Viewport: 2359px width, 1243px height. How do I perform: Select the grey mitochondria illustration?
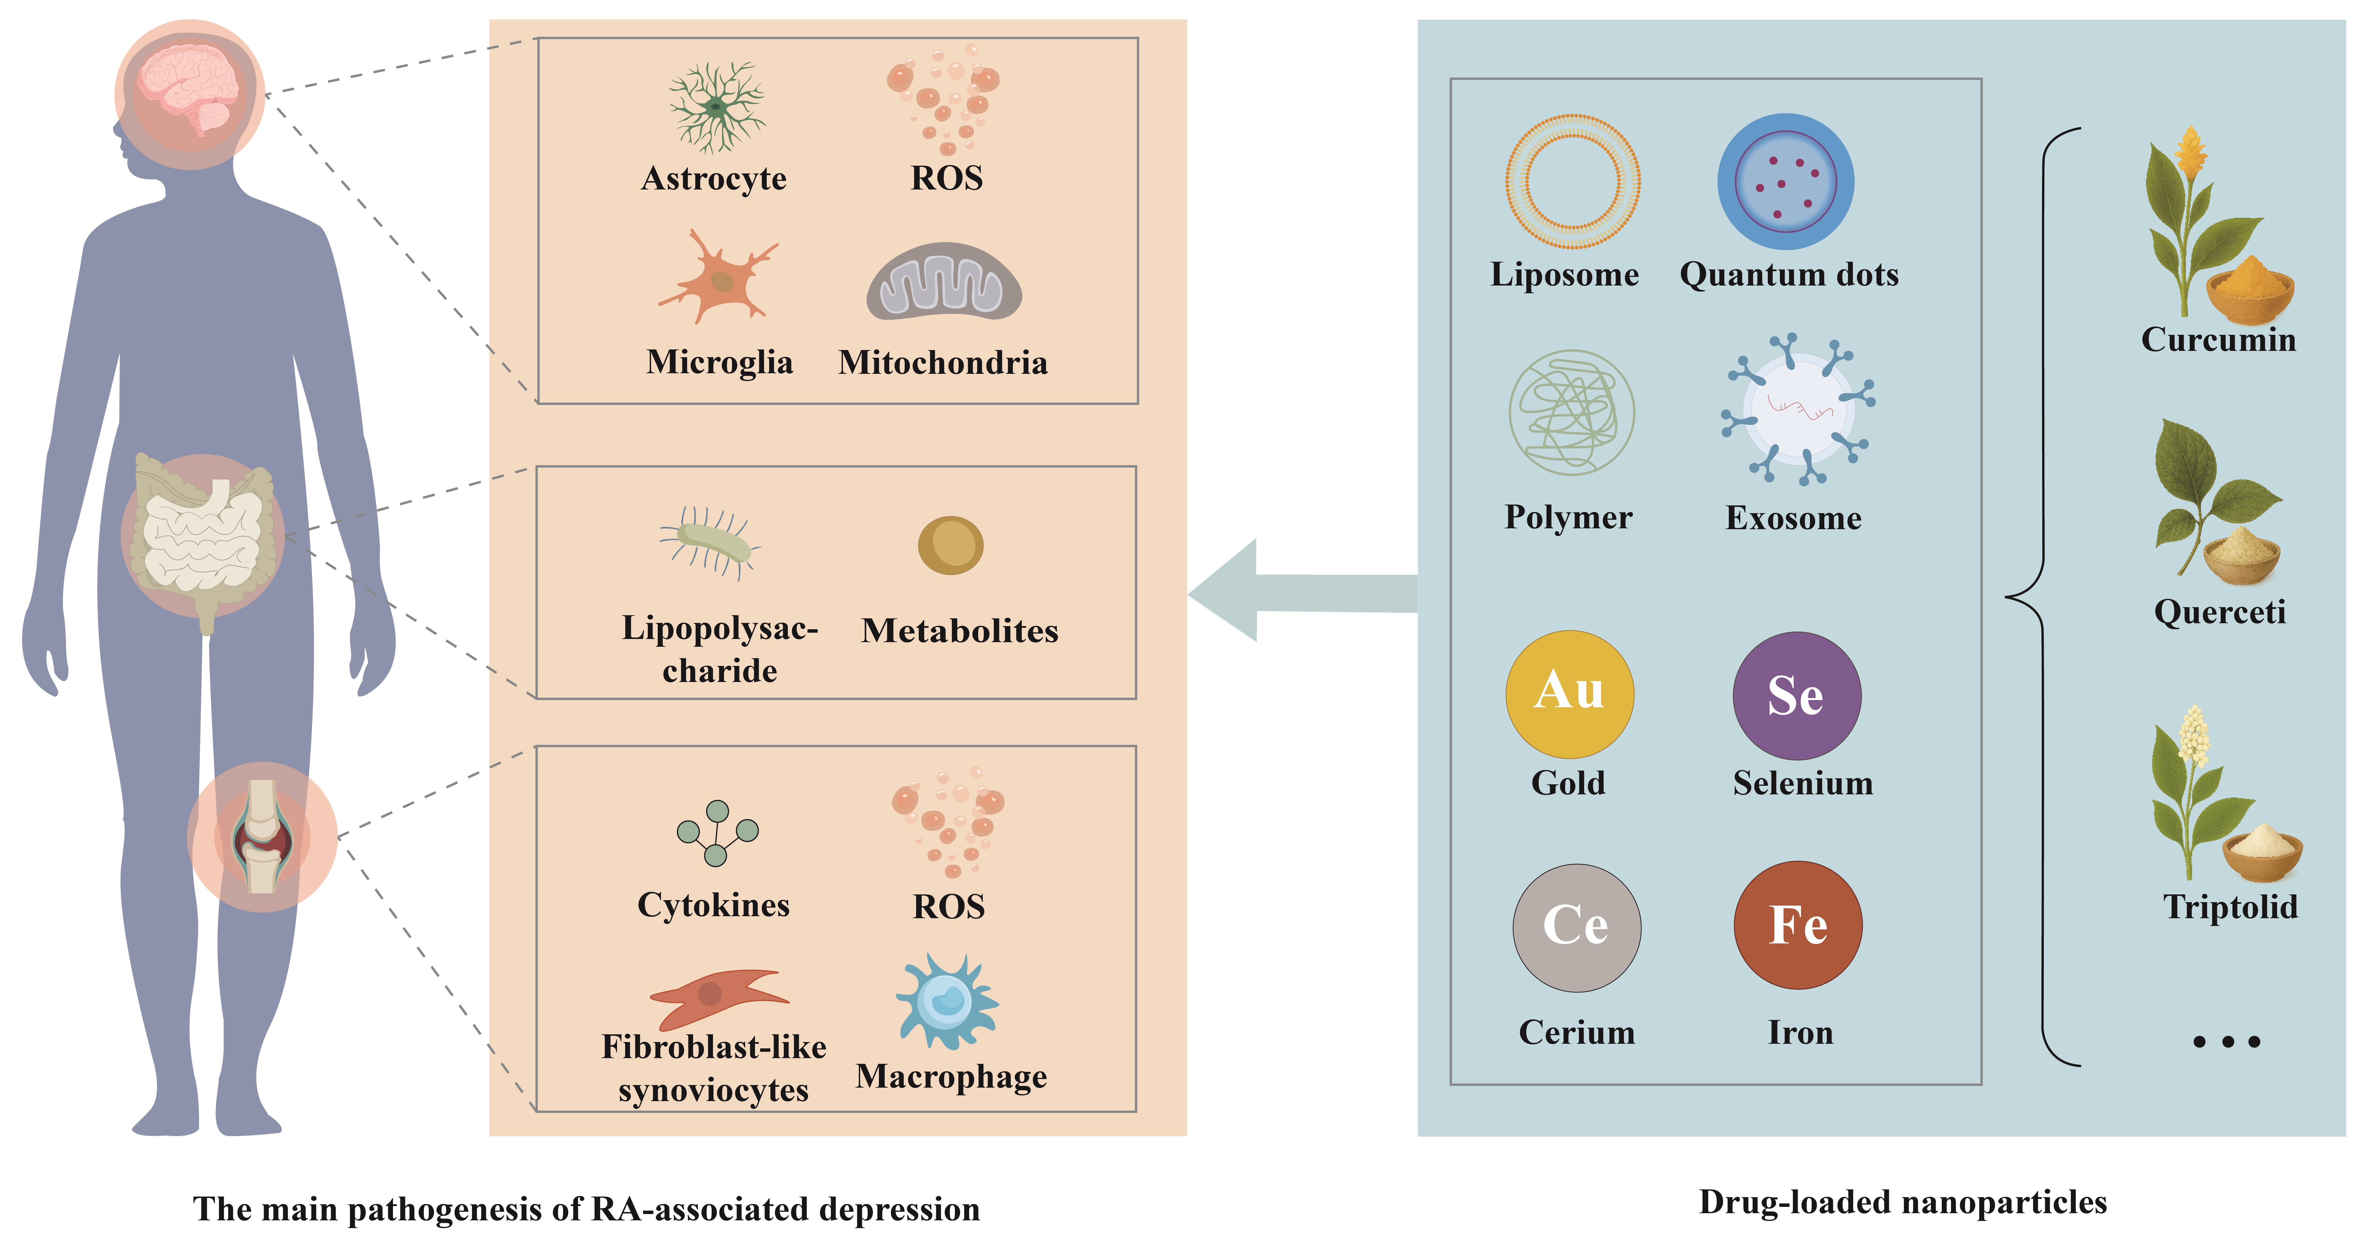coord(944,282)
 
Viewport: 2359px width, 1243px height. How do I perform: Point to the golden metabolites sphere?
coord(951,546)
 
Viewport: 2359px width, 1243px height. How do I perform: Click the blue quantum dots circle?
coord(1786,181)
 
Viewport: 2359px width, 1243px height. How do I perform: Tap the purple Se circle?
coord(1797,696)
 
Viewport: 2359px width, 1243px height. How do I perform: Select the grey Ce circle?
coord(1576,927)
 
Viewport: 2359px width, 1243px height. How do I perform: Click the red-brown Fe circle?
coord(1798,925)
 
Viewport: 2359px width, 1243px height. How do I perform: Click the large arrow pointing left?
coord(1300,591)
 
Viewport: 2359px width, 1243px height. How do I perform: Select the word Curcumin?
coord(2218,340)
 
